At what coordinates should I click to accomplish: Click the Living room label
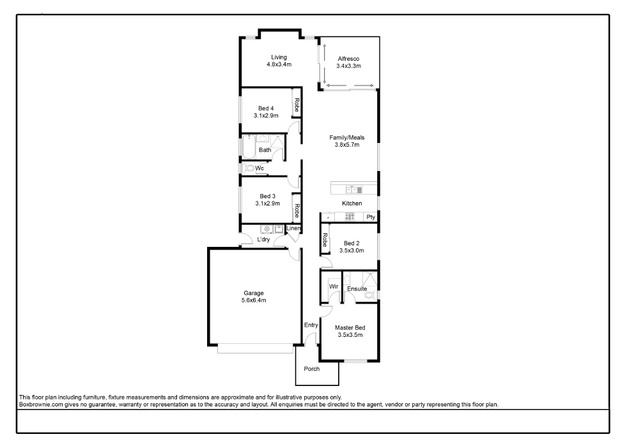(279, 57)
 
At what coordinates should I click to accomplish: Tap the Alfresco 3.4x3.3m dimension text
(349, 66)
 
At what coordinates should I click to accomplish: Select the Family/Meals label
(347, 137)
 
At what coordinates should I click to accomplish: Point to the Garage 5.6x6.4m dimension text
(254, 301)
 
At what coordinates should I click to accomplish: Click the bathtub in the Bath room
(249, 147)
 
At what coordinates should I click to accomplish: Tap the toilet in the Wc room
(249, 168)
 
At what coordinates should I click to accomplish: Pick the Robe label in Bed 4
(297, 105)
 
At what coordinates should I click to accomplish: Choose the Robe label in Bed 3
(297, 211)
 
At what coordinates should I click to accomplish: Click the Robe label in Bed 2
(325, 240)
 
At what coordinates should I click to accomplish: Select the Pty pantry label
(371, 217)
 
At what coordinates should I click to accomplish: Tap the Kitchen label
(352, 204)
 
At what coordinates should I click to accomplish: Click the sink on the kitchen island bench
(354, 190)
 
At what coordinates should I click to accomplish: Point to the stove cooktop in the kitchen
(350, 217)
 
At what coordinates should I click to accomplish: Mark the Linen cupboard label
(293, 228)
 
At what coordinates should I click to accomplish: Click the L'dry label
(263, 239)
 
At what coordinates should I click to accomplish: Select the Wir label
(334, 286)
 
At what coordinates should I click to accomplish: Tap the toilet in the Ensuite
(373, 295)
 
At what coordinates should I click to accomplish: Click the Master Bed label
(350, 328)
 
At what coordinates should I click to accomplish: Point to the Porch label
(311, 369)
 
